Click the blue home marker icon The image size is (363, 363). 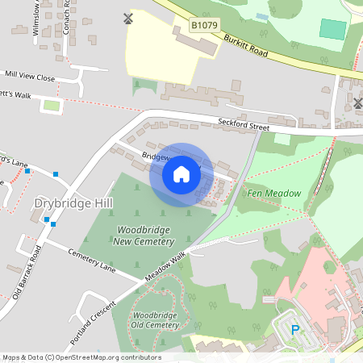point(181,174)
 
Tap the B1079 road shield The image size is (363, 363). point(204,27)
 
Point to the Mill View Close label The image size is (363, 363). point(29,77)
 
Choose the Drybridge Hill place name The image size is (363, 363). point(68,203)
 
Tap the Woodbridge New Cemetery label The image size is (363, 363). point(143,236)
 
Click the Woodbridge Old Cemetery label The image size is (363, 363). point(155,319)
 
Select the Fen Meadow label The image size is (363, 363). point(274,194)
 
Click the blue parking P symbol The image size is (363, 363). point(295,329)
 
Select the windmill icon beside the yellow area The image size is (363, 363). point(127,19)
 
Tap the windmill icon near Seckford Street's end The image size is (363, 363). point(358,102)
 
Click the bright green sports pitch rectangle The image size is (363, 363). point(332,29)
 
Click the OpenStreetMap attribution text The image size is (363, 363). point(81,357)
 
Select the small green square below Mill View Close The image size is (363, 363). point(52,106)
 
